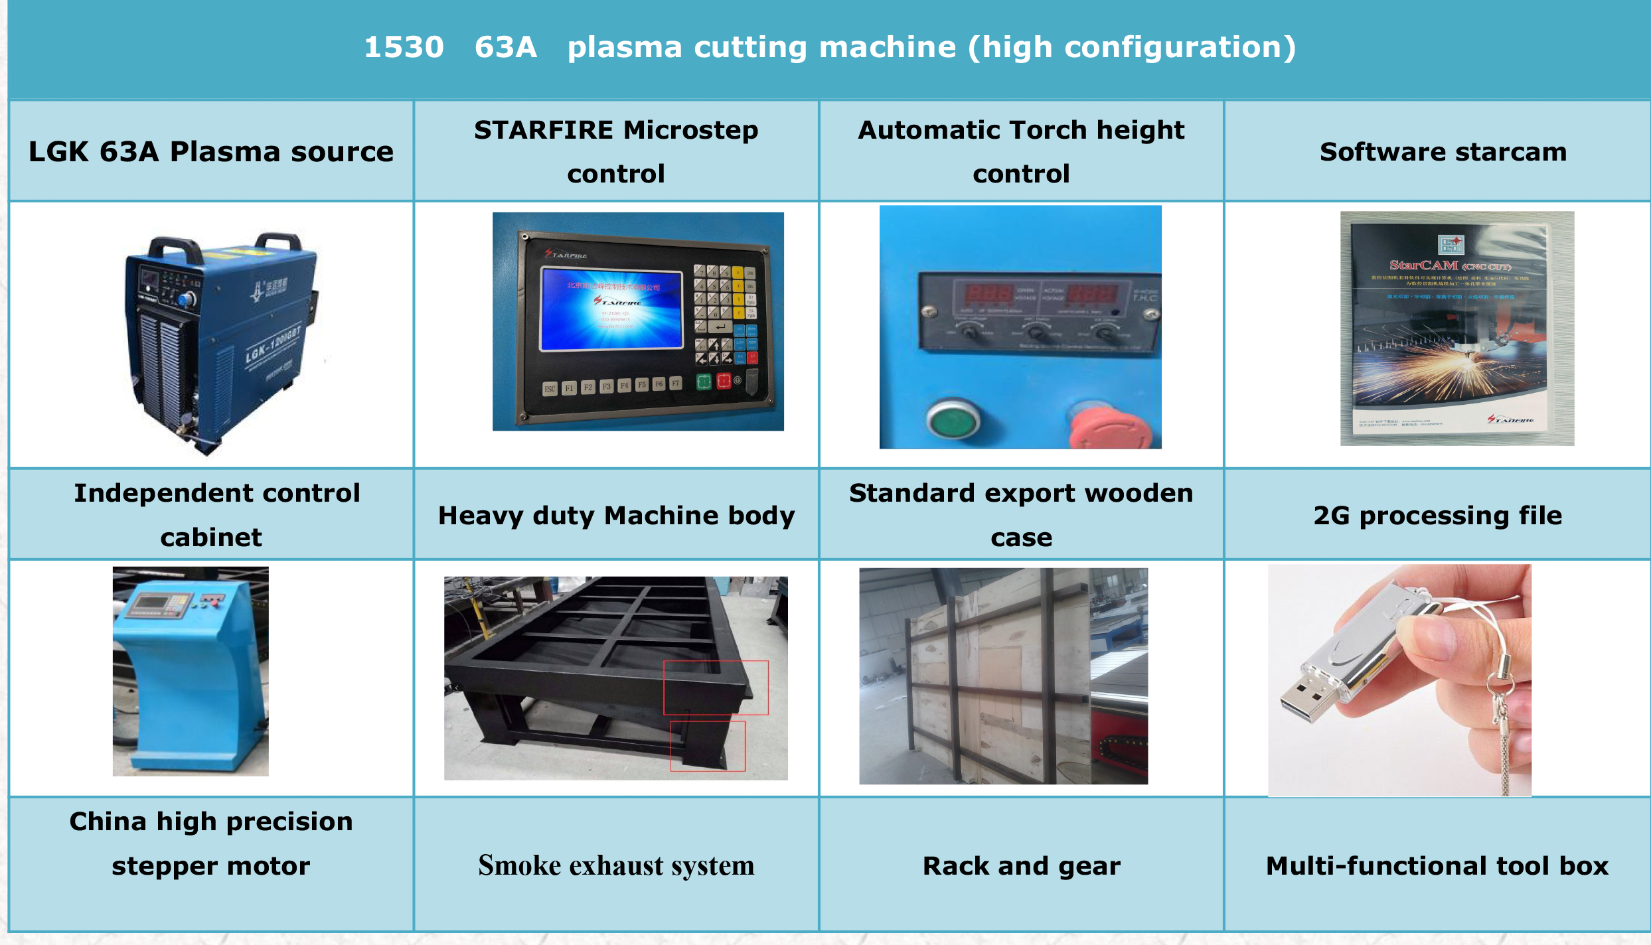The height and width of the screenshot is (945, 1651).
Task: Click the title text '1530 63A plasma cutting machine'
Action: pos(829,48)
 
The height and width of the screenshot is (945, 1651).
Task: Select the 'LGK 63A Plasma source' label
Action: pos(210,152)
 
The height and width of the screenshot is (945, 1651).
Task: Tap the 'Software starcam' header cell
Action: pos(1443,152)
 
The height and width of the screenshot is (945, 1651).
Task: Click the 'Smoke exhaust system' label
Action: pos(616,865)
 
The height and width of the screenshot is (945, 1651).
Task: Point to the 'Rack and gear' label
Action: pos(1021,866)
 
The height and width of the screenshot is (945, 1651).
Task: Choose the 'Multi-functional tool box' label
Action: pos(1437,866)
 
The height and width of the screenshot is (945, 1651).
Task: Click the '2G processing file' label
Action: pos(1437,516)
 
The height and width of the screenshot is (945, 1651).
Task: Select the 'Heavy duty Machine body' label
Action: pos(616,516)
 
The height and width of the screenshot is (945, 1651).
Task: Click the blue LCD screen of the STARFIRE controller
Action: pos(611,309)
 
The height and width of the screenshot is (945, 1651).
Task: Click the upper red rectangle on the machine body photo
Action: pos(716,688)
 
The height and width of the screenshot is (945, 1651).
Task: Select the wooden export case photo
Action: pos(1002,676)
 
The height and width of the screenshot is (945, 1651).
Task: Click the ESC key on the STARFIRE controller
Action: pos(550,389)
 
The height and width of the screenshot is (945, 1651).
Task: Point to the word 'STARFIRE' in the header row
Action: pos(543,130)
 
